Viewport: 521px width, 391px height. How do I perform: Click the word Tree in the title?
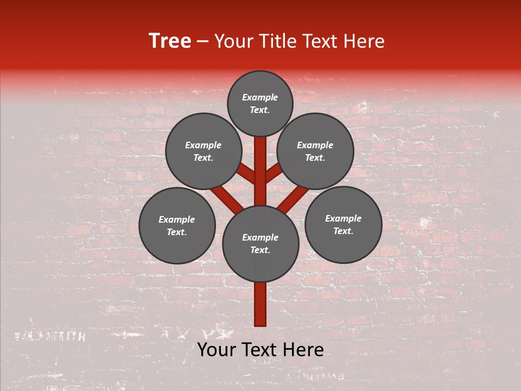tap(170, 41)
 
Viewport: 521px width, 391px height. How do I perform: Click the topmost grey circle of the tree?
tap(260, 87)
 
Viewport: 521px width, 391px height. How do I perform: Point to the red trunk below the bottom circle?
tap(260, 304)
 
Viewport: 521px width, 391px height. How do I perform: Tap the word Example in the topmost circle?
tap(260, 98)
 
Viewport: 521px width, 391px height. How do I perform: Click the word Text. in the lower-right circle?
tap(343, 231)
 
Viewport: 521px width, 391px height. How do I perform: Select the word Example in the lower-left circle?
tap(177, 220)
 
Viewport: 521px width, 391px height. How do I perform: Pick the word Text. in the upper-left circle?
tap(204, 158)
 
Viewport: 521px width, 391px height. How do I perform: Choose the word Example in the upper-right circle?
tap(315, 146)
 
